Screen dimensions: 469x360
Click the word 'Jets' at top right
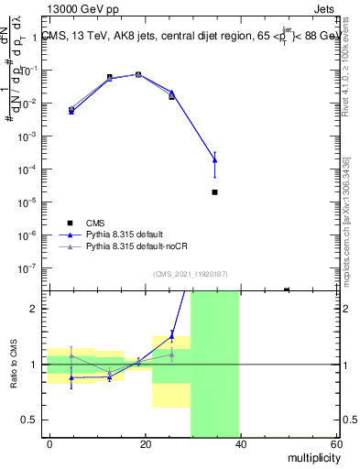tap(325, 8)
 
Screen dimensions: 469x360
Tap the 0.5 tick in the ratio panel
tap(29, 420)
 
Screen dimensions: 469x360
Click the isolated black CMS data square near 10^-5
tap(214, 192)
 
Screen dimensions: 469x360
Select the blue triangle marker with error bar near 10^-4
tap(214, 160)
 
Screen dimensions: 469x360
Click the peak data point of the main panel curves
tap(138, 74)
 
